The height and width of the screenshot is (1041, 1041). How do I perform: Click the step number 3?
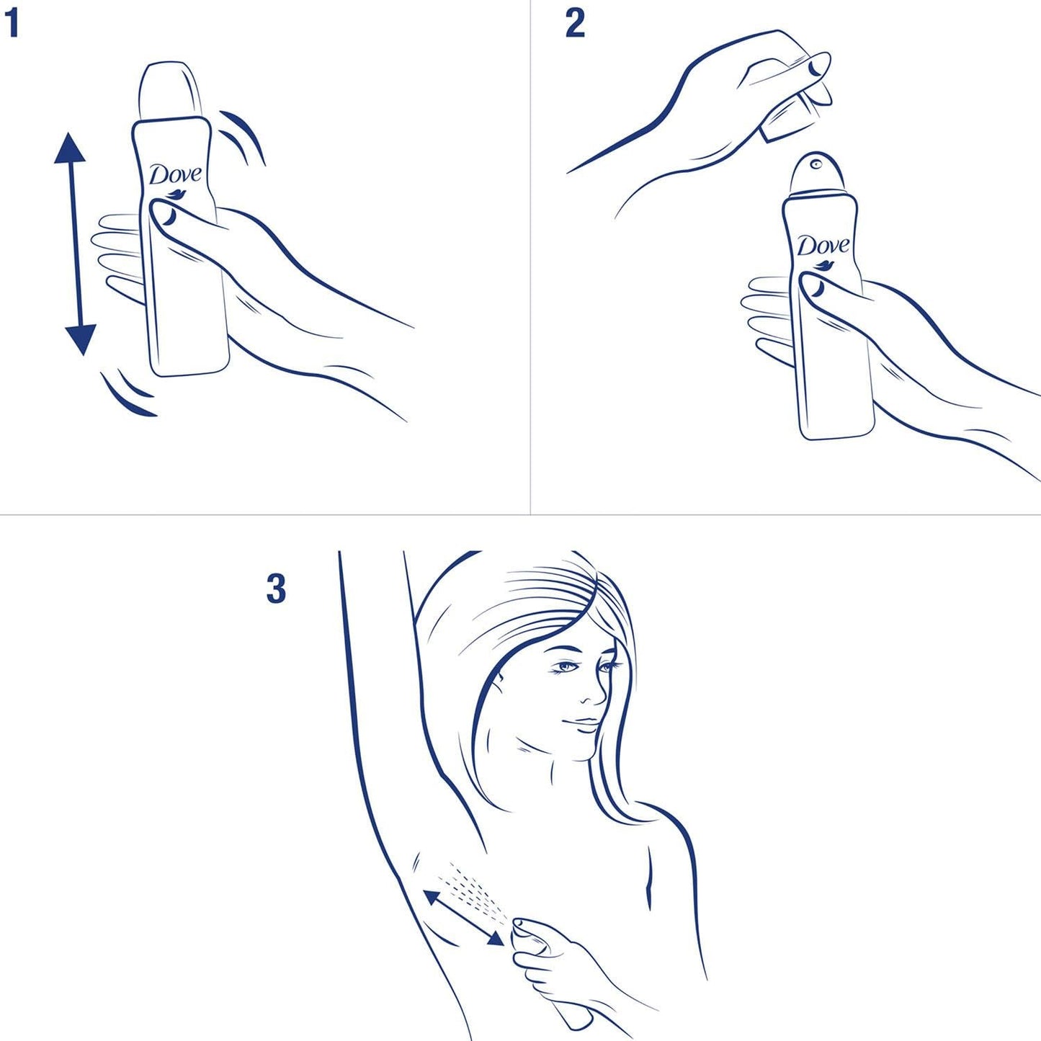click(276, 589)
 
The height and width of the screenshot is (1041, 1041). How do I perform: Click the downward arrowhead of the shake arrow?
click(80, 339)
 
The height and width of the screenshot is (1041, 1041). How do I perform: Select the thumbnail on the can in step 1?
click(166, 214)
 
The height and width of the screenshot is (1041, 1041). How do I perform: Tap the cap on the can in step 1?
click(170, 90)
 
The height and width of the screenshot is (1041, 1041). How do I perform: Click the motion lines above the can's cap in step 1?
click(242, 133)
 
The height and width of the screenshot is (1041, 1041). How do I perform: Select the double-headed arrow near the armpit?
click(463, 917)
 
